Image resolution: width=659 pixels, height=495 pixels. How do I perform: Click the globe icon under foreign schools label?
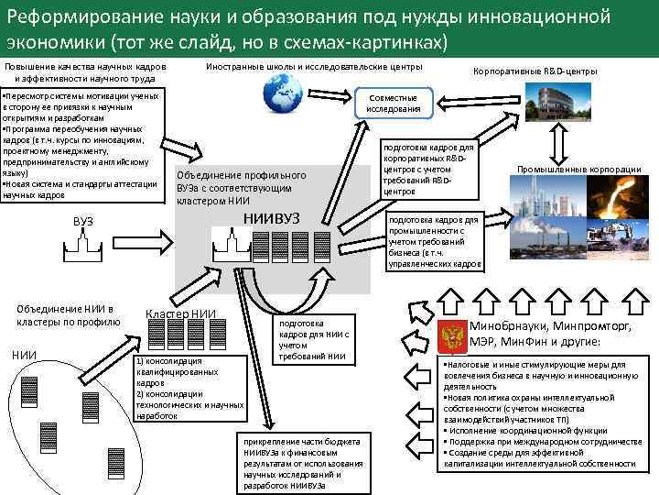click(283, 92)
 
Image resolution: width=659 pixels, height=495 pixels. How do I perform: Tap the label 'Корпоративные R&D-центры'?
click(535, 71)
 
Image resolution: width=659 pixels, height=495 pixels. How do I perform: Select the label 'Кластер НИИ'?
click(180, 313)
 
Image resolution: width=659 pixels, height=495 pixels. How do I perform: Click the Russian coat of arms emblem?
click(453, 335)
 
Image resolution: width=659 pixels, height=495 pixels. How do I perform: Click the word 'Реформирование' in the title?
click(74, 15)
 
